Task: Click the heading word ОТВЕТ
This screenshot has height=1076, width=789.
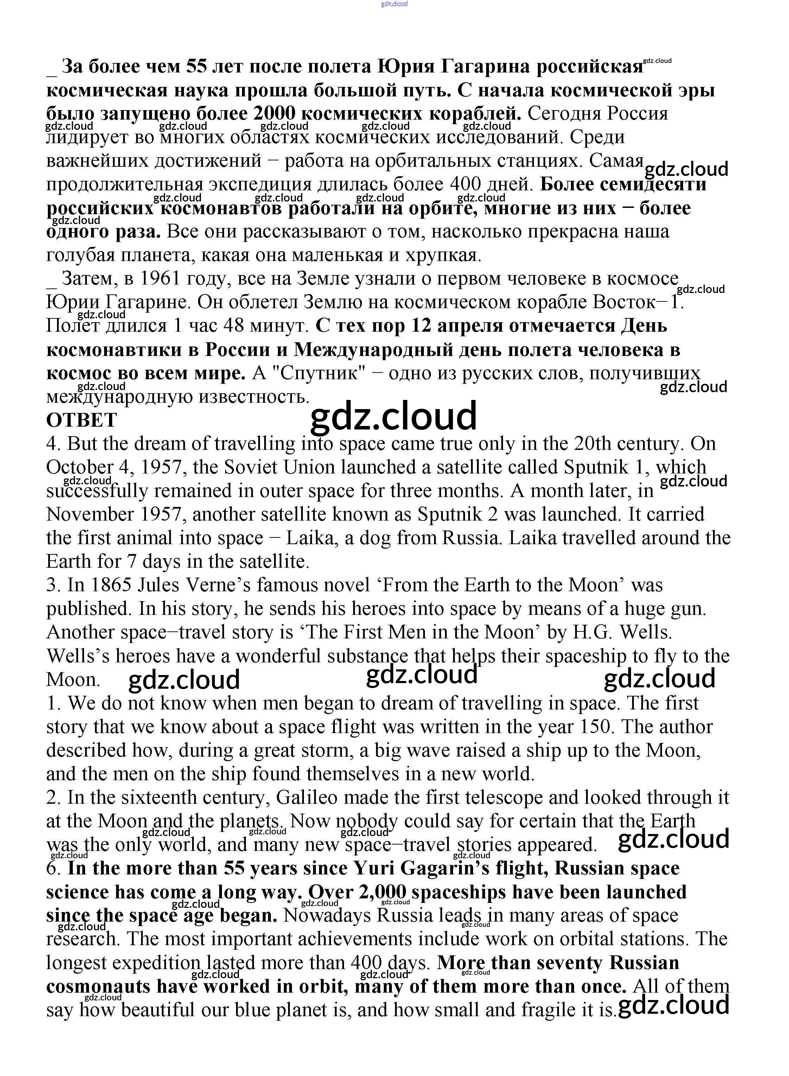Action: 81,421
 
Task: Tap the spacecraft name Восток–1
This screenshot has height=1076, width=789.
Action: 638,302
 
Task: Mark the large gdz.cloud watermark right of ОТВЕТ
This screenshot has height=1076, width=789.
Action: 394,415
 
